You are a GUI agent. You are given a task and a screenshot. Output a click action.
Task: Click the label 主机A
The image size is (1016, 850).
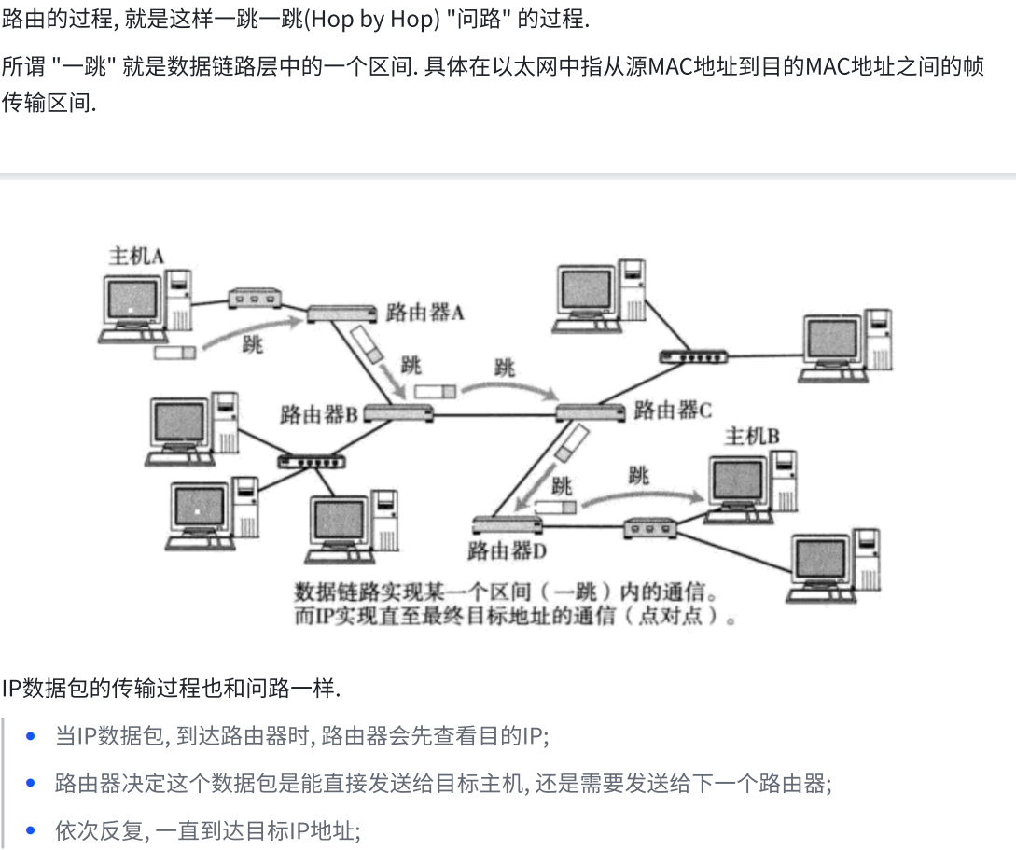[x=136, y=255]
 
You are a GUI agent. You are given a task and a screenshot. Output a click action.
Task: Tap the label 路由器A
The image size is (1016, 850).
[x=424, y=313]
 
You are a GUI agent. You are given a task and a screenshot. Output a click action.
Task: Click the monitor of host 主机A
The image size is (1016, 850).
[x=132, y=302]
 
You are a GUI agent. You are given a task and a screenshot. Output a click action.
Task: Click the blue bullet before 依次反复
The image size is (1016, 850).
[x=32, y=830]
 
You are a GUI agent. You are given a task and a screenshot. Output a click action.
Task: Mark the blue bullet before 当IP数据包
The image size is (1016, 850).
[x=32, y=736]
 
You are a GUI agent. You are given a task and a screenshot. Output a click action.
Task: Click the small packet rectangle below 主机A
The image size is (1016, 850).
[x=175, y=353]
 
